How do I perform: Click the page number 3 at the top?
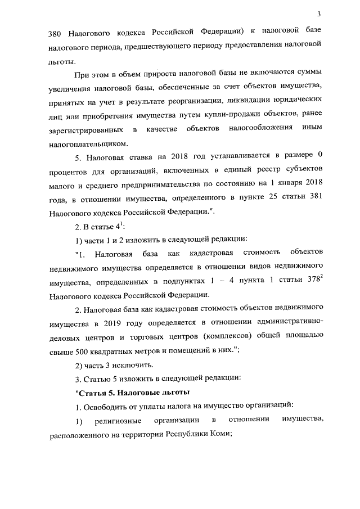pos(318,14)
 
